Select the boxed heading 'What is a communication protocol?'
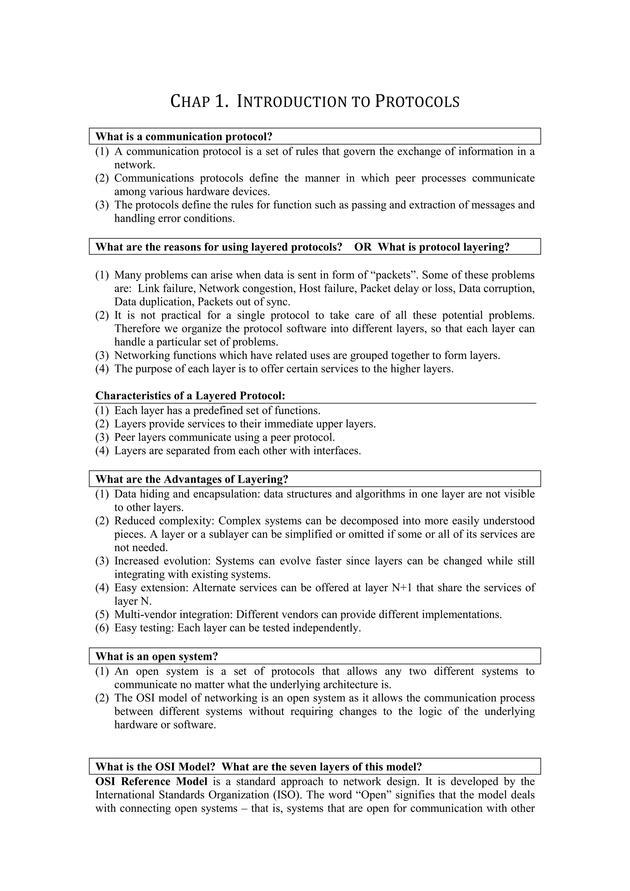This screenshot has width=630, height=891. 184,137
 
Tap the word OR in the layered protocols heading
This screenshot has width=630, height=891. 363,247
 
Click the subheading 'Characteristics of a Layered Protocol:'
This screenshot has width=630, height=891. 190,396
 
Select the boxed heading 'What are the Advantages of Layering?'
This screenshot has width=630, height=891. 192,479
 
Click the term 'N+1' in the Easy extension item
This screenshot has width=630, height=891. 402,588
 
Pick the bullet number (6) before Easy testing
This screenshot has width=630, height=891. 102,628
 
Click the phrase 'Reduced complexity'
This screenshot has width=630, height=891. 163,521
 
